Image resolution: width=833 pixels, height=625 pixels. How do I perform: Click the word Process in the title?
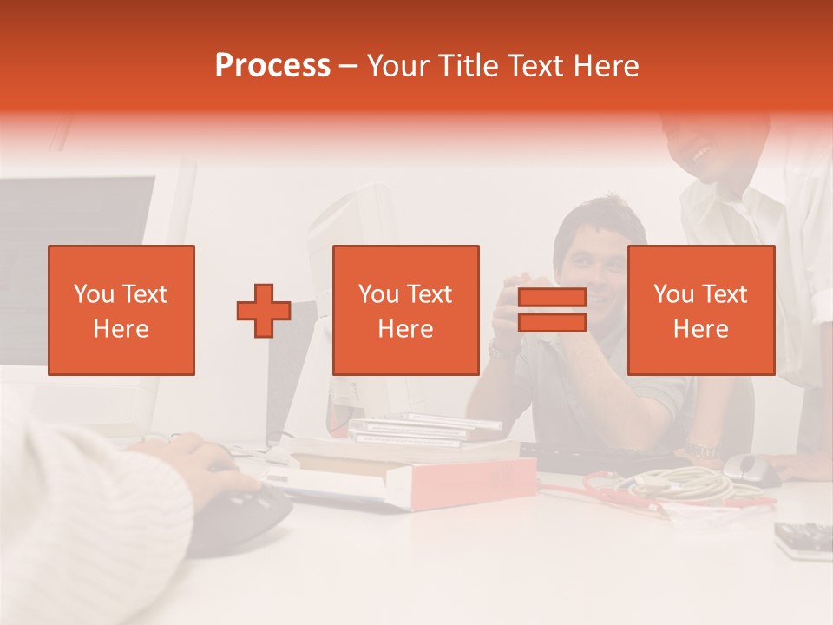pos(272,66)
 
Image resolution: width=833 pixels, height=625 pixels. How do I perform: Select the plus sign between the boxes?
pos(264,311)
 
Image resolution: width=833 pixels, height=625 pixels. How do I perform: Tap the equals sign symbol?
pos(552,311)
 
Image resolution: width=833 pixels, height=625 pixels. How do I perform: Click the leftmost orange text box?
pos(121,311)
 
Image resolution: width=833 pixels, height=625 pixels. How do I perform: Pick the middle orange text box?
pos(406,311)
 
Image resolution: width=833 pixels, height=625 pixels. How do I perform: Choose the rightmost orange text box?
pos(701,311)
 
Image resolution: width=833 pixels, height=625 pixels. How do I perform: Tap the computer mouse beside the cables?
pos(751,469)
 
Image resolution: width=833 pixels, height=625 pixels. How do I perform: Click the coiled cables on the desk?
pos(668,486)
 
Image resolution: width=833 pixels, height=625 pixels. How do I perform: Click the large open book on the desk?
pos(408,473)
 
